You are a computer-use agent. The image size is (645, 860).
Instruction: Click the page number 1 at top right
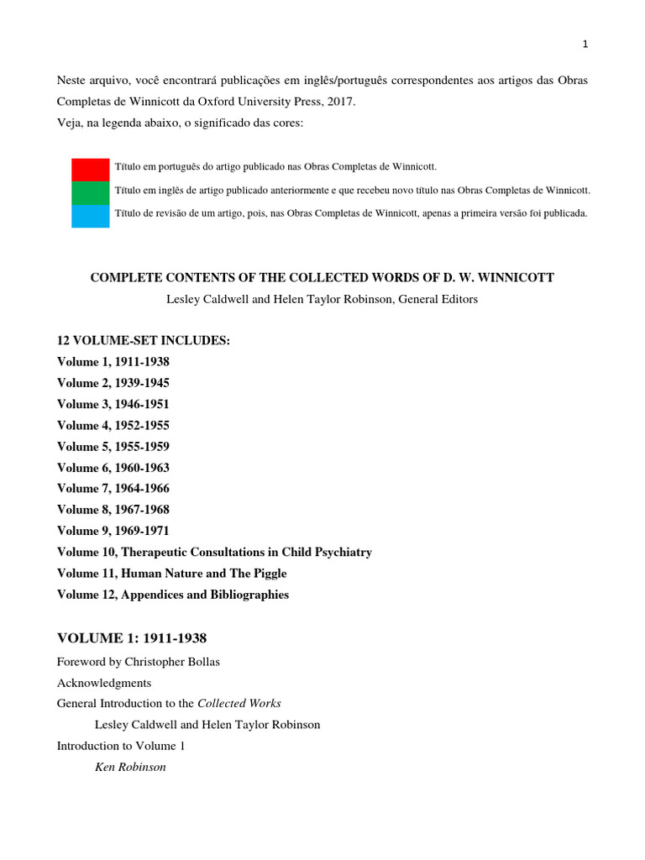585,45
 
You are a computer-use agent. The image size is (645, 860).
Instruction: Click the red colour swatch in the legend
90,168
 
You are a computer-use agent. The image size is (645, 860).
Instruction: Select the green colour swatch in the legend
90,191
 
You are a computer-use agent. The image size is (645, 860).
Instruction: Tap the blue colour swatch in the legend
90,215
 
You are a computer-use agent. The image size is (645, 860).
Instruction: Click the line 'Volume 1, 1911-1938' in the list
113,362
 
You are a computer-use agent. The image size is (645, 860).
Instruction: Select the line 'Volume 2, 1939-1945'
113,383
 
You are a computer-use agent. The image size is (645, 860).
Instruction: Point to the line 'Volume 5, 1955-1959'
113,447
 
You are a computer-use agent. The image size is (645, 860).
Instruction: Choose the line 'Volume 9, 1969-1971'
113,531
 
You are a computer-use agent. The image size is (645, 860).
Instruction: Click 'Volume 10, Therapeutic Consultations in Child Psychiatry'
214,553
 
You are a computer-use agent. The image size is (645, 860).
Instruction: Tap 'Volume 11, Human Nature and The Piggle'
171,574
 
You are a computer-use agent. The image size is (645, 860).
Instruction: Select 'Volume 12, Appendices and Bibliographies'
172,595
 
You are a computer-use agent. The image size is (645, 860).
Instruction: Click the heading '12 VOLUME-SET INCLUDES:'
143,340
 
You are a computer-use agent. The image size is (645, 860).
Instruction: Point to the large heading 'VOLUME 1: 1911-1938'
131,638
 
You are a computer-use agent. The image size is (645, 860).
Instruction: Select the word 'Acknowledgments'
104,683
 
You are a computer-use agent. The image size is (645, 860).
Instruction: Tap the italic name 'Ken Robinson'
130,767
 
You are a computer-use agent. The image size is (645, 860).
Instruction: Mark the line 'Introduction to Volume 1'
120,746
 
